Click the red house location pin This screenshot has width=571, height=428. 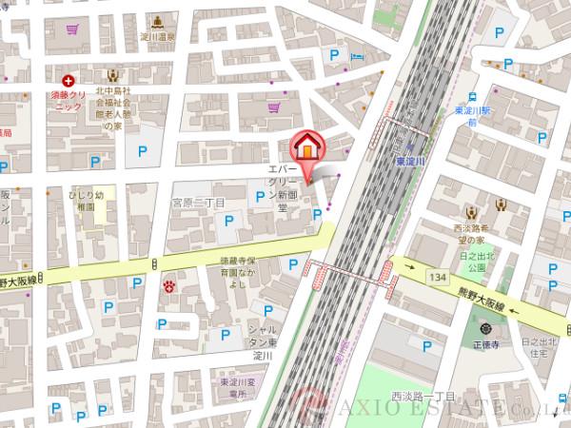click(307, 147)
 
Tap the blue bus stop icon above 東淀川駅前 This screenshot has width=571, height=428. click(470, 97)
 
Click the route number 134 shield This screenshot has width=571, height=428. click(437, 276)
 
